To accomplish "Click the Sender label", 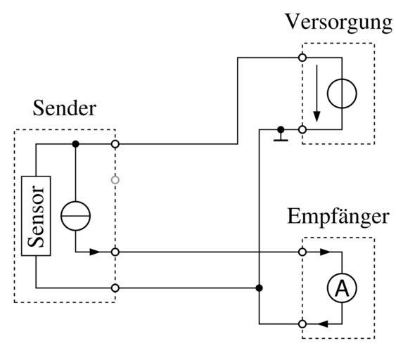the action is point(65,108).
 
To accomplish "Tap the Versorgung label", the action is point(339,22).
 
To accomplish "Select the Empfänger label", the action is point(338,217).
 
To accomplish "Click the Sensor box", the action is point(36,216).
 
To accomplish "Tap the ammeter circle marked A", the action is point(342,288).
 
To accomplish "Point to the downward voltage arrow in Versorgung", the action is point(317,94).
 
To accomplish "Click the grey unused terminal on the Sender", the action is point(115,180).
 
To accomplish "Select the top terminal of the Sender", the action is point(115,144).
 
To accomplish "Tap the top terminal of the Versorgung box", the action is point(302,58).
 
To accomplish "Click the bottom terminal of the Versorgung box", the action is point(302,130).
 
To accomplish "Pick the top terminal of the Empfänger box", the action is point(302,252).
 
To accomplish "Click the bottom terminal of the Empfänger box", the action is point(302,324).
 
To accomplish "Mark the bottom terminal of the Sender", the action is point(115,288).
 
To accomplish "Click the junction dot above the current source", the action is point(75,144).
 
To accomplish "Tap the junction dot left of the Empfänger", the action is point(259,288).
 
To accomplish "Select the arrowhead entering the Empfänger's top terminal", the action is point(325,252).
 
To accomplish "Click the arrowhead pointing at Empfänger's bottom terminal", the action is point(323,324).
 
